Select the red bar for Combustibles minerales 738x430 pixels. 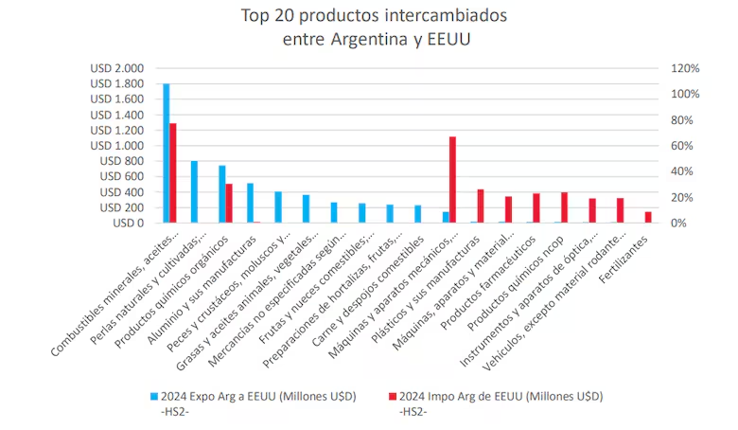173,173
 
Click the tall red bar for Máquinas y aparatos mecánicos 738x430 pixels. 452,180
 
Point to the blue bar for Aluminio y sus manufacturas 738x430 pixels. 250,203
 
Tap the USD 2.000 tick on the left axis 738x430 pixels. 117,68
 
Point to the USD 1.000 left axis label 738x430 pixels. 117,146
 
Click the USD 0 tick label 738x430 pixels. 127,223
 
